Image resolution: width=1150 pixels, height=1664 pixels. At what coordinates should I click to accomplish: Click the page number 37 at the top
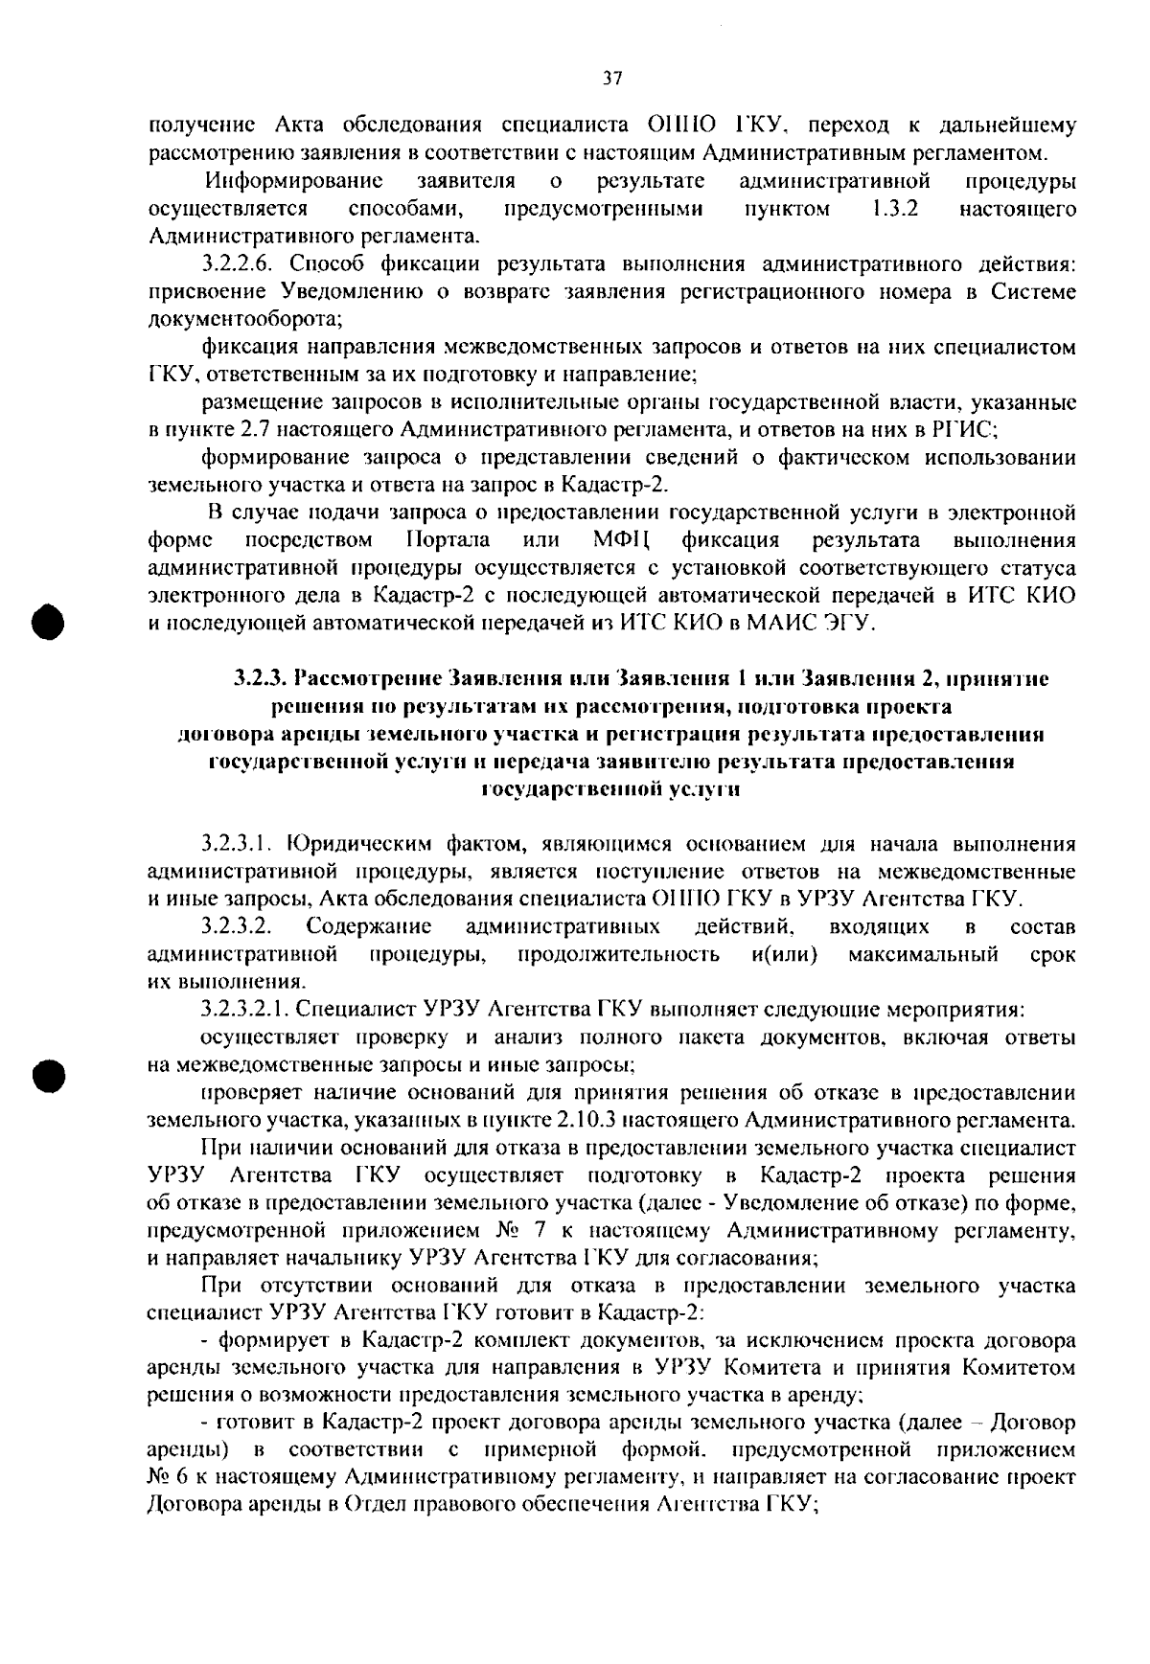pos(613,80)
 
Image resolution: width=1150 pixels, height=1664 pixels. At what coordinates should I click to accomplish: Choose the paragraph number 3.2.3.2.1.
pos(245,1009)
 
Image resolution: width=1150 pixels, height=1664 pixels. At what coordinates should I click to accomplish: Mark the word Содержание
pos(369,926)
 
